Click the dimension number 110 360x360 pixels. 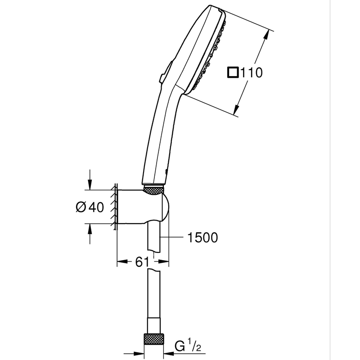pyautogui.click(x=251, y=72)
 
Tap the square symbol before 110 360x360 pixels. pyautogui.click(x=233, y=72)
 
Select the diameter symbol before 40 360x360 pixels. pyautogui.click(x=81, y=207)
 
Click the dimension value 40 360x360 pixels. pyautogui.click(x=96, y=207)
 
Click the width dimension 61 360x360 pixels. pyautogui.click(x=142, y=261)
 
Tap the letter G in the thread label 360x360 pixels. pyautogui.click(x=180, y=346)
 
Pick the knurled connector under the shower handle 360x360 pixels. pyautogui.click(x=153, y=190)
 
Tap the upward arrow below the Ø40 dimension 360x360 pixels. pyautogui.click(x=90, y=234)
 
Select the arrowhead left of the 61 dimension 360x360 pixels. pyautogui.click(x=122, y=261)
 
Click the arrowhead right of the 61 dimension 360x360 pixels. pyautogui.click(x=163, y=261)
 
